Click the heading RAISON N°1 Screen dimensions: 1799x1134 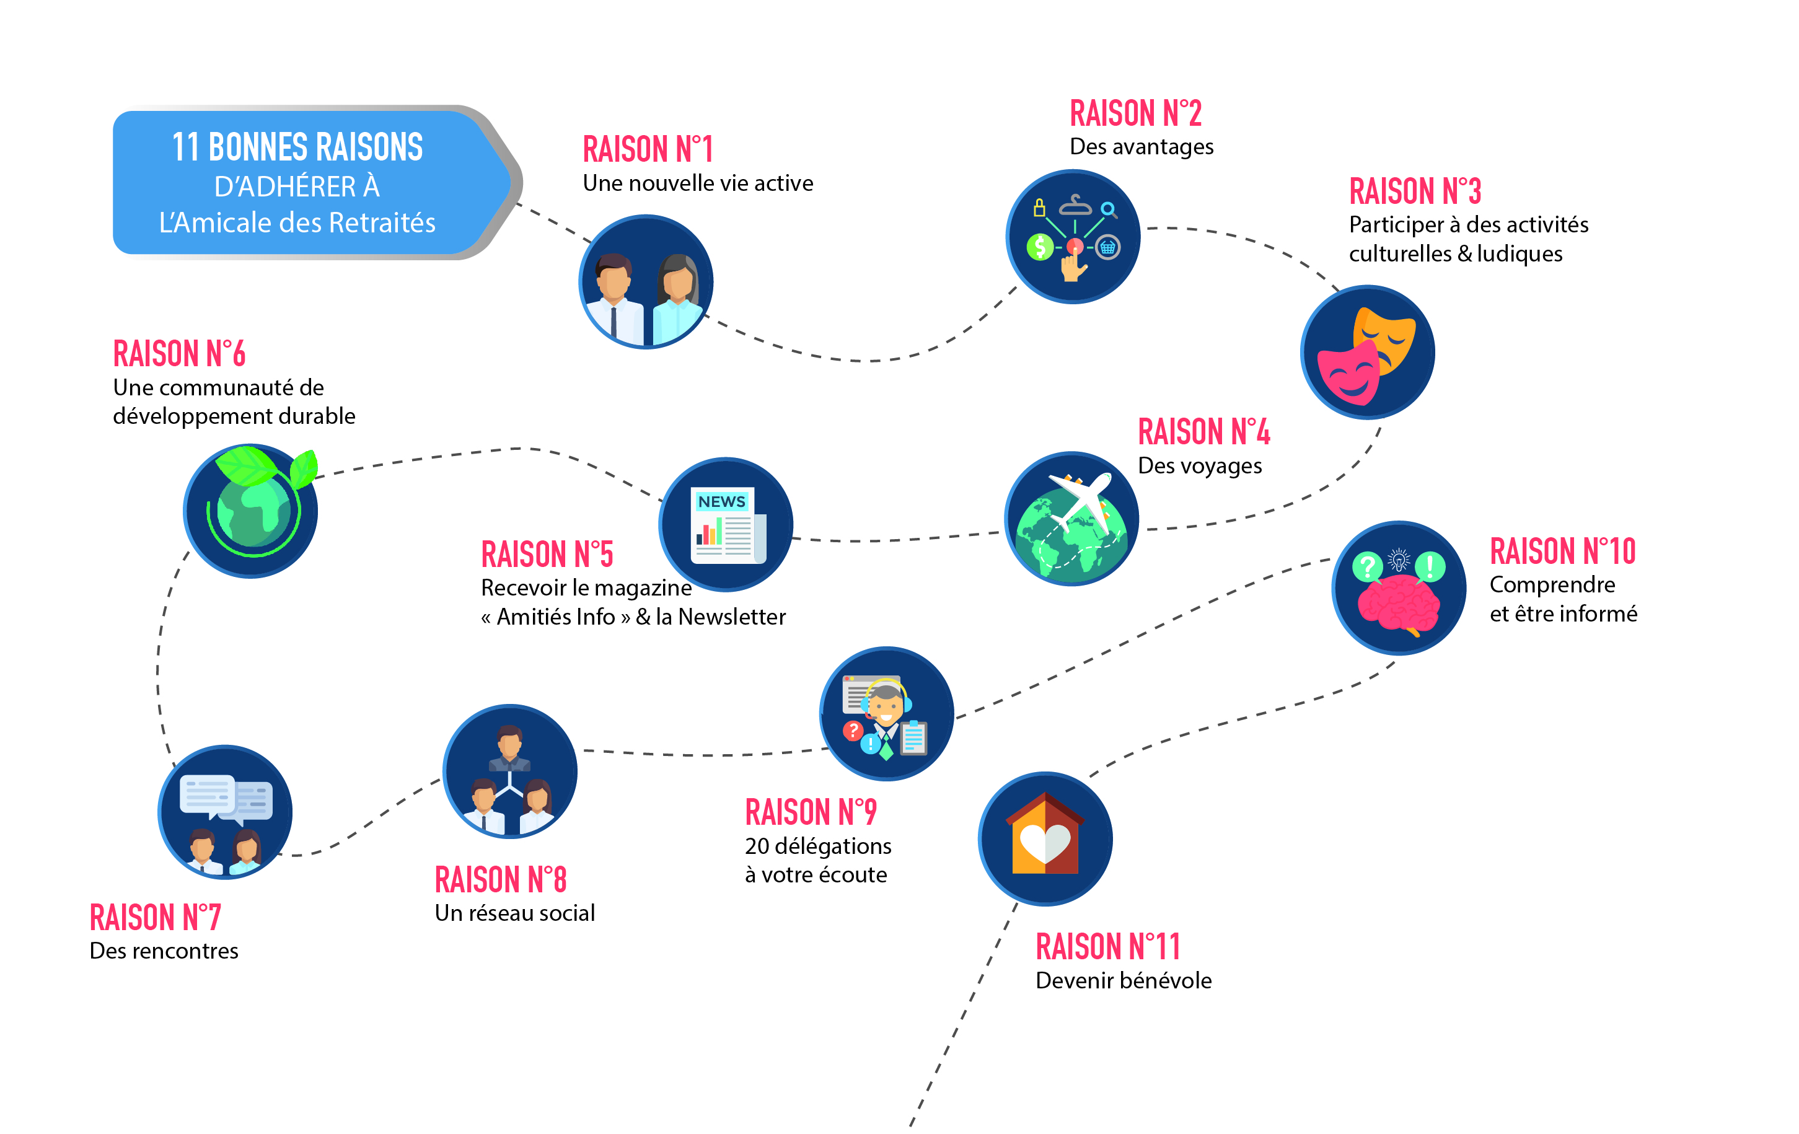click(x=648, y=149)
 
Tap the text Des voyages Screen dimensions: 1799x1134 click(x=1200, y=465)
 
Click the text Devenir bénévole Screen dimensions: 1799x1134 click(x=1124, y=980)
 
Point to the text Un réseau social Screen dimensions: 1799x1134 click(x=515, y=913)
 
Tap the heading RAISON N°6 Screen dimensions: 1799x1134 click(x=179, y=353)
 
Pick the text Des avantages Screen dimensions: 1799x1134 click(x=1141, y=146)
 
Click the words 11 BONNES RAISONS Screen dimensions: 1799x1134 click(x=297, y=146)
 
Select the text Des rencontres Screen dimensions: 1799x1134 click(x=164, y=951)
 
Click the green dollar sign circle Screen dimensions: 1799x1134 click(x=1040, y=246)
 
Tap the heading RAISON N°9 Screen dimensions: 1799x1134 click(x=811, y=812)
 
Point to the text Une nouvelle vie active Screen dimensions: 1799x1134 click(x=698, y=183)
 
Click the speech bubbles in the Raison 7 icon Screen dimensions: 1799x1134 click(x=226, y=798)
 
